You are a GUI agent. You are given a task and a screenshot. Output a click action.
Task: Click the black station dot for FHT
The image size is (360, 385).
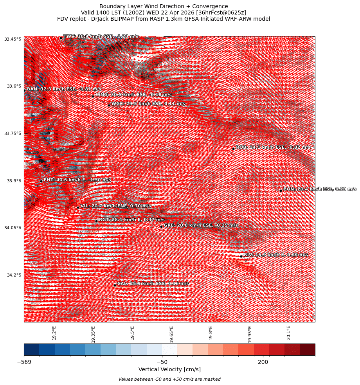coord(41,181)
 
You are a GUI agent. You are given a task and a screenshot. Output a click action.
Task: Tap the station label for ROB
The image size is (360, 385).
coord(273,148)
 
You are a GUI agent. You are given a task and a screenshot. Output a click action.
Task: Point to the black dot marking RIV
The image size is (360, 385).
coord(241,256)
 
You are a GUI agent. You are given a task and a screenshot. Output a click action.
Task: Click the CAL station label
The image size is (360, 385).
coord(153,284)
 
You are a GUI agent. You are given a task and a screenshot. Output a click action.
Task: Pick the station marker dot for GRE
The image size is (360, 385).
coord(161,227)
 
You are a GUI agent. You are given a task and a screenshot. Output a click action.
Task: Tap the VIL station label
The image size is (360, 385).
coord(115,206)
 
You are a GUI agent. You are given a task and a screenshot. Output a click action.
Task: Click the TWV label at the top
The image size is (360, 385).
coord(101,36)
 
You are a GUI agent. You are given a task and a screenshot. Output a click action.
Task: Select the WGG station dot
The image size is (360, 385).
coord(109,105)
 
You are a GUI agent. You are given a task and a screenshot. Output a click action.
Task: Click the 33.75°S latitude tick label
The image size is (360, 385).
coord(13,133)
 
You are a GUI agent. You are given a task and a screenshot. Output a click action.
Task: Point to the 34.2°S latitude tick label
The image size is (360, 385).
coord(14,275)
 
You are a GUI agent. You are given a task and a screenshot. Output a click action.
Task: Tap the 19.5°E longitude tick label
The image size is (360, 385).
coord(132,333)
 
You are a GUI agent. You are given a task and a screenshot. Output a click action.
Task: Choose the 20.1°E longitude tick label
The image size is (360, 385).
coord(288,333)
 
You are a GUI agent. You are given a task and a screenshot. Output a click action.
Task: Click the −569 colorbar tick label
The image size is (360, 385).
coord(24,362)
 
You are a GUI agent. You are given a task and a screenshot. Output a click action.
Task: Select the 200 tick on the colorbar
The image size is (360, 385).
coord(263,362)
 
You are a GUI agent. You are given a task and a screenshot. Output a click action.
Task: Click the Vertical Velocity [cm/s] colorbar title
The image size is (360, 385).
coord(169,370)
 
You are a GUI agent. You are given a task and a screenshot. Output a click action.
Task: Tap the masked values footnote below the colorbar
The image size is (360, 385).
coord(169,379)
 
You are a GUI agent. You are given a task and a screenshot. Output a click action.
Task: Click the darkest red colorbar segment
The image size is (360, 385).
coord(307,349)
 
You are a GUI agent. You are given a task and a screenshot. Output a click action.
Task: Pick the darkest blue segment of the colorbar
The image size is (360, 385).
coord(31,349)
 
